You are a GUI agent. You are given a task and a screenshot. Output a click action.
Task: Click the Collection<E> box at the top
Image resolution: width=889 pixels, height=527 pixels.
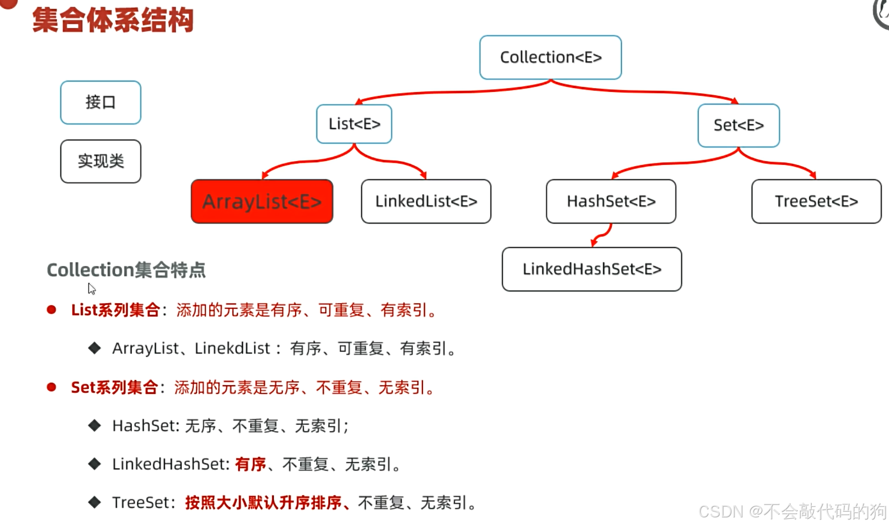(550, 57)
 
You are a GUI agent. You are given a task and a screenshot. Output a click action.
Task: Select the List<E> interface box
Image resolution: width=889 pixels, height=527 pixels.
(354, 124)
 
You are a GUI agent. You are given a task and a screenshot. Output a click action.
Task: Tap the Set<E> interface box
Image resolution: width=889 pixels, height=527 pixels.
(738, 125)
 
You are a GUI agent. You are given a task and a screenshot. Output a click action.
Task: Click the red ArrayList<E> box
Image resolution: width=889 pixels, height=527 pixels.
(262, 202)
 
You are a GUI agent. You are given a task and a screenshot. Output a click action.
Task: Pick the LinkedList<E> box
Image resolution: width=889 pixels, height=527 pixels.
(426, 202)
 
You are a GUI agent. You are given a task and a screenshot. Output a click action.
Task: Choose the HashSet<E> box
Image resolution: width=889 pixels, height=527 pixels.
(611, 202)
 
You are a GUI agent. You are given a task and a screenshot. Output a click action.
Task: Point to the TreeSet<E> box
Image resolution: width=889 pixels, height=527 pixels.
(816, 202)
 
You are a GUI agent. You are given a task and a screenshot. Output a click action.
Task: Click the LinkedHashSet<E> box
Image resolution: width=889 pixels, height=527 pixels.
(591, 269)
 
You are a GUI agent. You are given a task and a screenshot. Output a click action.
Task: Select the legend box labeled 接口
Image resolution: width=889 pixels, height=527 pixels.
(100, 102)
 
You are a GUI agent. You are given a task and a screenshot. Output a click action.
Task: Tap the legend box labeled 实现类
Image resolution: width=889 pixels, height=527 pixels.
(100, 161)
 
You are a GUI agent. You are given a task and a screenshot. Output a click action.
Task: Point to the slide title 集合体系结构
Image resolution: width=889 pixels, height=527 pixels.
(113, 21)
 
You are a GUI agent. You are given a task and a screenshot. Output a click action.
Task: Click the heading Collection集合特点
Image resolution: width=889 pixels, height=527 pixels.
(126, 270)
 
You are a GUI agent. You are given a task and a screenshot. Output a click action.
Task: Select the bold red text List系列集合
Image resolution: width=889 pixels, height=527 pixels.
(115, 310)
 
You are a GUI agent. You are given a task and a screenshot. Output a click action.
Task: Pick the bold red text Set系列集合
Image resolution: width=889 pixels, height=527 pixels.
(114, 387)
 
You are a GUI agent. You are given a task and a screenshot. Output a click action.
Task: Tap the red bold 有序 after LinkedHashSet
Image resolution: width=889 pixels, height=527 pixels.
(250, 464)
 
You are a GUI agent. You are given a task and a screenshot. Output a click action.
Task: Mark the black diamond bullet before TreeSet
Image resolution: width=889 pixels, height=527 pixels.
(95, 502)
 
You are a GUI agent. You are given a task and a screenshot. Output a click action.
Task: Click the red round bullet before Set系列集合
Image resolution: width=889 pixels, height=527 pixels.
(51, 387)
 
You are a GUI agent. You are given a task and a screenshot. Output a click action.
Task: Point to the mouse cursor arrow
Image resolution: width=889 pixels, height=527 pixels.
(91, 288)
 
